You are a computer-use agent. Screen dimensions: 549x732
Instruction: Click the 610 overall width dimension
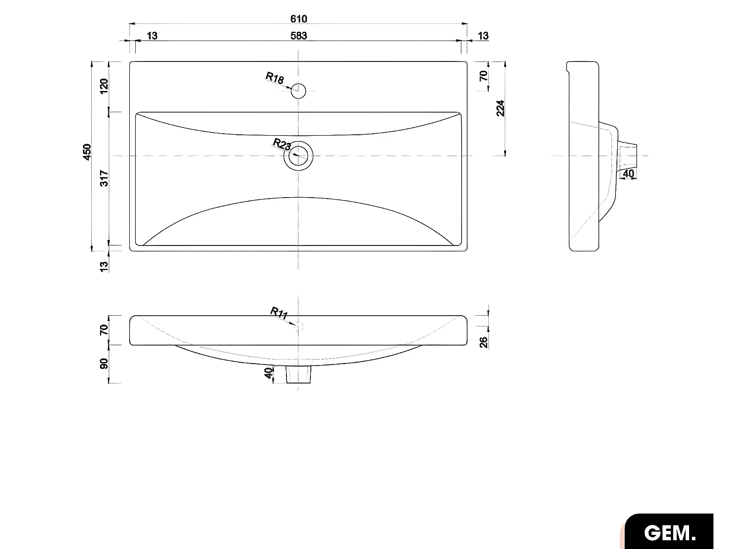pyautogui.click(x=299, y=19)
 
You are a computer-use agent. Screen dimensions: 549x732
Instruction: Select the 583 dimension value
pyautogui.click(x=299, y=36)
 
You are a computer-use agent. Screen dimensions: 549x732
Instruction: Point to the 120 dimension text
pyautogui.click(x=104, y=86)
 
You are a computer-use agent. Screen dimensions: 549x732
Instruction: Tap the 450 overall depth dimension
pyautogui.click(x=87, y=152)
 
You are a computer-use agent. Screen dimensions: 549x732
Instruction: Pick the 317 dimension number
pyautogui.click(x=104, y=178)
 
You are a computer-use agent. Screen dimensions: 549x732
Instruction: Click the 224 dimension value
pyautogui.click(x=500, y=108)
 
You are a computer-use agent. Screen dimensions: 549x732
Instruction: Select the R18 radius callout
pyautogui.click(x=274, y=78)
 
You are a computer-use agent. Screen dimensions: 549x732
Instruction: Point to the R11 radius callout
pyautogui.click(x=279, y=313)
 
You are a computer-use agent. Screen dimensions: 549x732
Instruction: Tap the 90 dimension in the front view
pyautogui.click(x=104, y=364)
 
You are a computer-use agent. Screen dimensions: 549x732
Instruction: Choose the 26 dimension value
pyautogui.click(x=484, y=342)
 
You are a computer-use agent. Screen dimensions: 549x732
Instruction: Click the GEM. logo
pyautogui.click(x=670, y=532)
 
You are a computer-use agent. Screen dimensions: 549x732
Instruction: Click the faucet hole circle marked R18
pyautogui.click(x=298, y=90)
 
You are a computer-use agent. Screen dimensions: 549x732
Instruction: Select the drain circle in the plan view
pyautogui.click(x=298, y=156)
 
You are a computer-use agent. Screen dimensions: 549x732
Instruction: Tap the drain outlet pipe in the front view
pyautogui.click(x=298, y=375)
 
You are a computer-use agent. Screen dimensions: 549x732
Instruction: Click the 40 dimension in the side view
pyautogui.click(x=629, y=173)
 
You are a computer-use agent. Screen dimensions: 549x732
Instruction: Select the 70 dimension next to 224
pyautogui.click(x=484, y=76)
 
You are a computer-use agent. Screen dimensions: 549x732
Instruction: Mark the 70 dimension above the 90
pyautogui.click(x=104, y=330)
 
